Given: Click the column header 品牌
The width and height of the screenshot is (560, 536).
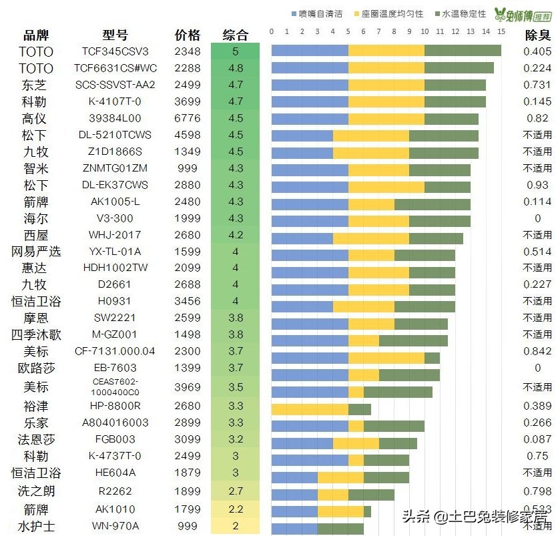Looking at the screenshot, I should click(x=36, y=35).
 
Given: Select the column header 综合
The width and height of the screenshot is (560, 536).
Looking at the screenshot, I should click(x=235, y=35).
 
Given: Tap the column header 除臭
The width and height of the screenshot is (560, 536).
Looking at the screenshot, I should click(x=537, y=35).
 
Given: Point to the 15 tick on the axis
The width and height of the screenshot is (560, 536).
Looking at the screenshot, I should click(x=501, y=31).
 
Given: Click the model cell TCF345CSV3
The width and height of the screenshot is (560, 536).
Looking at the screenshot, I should click(x=115, y=51).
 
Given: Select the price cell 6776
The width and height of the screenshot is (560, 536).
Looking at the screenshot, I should click(x=187, y=118).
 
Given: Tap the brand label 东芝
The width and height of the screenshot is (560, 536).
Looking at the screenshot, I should click(x=35, y=85).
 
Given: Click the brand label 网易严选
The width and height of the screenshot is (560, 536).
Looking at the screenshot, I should click(x=35, y=252).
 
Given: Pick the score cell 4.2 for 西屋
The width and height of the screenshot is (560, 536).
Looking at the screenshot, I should click(x=235, y=235).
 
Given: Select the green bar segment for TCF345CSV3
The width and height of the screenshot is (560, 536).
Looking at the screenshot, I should click(x=463, y=51).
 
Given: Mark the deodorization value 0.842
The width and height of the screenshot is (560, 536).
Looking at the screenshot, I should click(x=537, y=351).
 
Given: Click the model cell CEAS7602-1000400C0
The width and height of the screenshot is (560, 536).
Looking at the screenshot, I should click(x=115, y=387).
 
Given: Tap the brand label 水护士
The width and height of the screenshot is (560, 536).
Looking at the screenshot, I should click(x=35, y=526).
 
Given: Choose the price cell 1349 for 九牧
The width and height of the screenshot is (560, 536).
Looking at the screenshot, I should click(x=187, y=152).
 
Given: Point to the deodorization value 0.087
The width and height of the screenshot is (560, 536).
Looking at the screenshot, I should click(x=537, y=439).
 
